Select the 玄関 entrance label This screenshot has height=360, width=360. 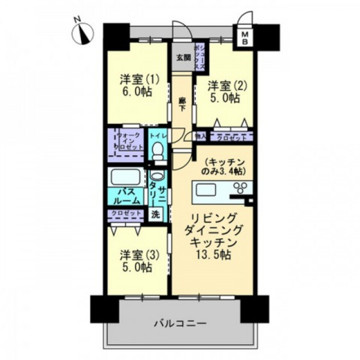tap(183, 57)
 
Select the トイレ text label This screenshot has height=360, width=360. tap(158, 136)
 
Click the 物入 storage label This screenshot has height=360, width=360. tap(200, 136)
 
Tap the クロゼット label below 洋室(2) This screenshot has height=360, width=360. tap(230, 136)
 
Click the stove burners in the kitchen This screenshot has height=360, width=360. tap(241, 188)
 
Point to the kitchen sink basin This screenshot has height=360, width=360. tap(208, 189)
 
